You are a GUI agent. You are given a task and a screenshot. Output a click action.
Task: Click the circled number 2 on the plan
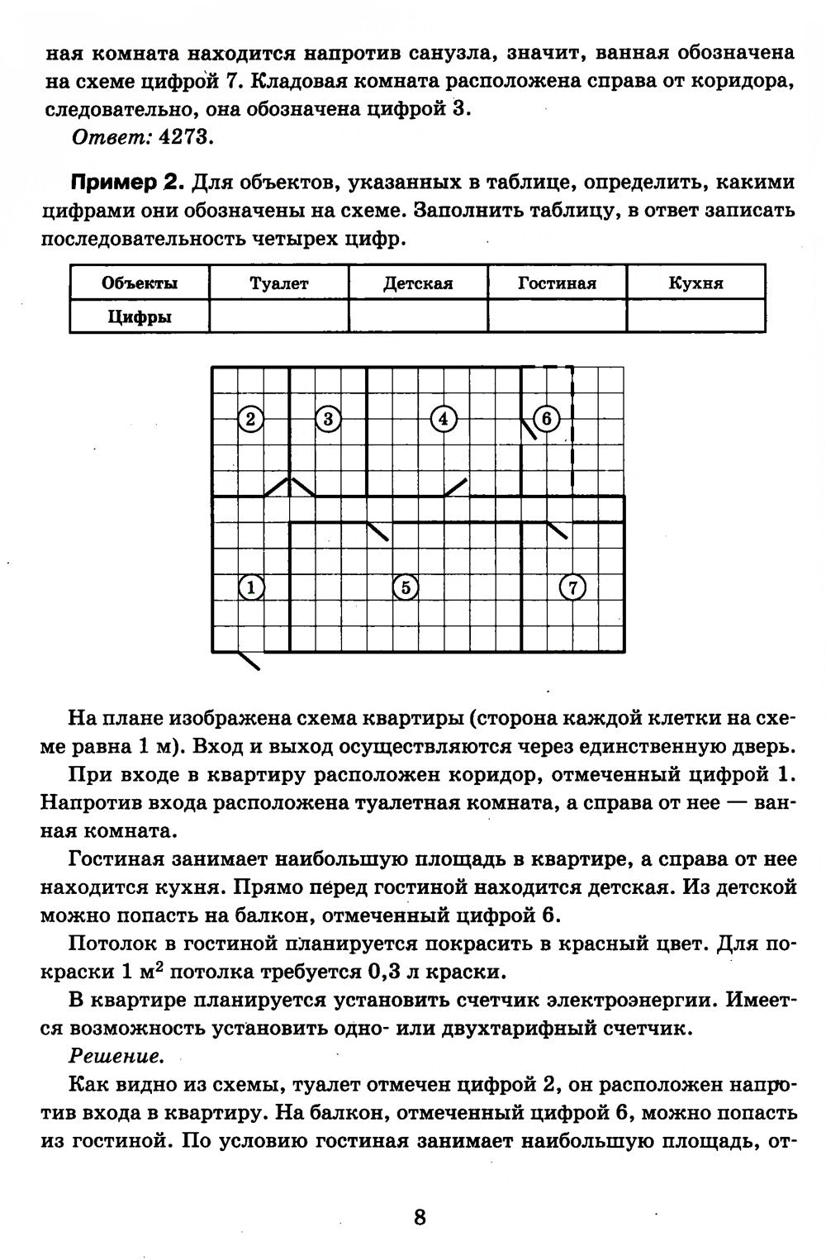[x=250, y=419]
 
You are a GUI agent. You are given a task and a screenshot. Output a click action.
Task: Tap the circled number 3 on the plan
[x=327, y=419]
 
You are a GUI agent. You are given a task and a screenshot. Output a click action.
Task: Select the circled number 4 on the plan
[x=444, y=419]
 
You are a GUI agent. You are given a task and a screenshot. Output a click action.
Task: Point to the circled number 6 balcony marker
[x=547, y=419]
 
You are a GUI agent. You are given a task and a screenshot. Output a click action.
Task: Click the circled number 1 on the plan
[x=250, y=587]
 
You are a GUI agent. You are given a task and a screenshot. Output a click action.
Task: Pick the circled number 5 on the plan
[x=405, y=587]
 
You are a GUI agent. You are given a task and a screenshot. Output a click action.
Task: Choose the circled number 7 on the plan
[x=572, y=587]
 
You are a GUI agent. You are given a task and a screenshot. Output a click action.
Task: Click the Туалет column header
[x=279, y=283]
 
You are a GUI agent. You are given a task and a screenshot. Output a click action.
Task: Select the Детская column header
[x=418, y=283]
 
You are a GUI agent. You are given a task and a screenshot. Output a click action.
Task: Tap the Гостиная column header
[x=557, y=283]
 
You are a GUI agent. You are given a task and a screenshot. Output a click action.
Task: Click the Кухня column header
[x=695, y=283]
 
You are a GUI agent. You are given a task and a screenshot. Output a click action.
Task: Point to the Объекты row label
[x=140, y=283]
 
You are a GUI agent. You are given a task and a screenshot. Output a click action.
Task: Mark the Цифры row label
[x=140, y=316]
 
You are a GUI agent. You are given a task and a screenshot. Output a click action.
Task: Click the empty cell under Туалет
[x=279, y=316]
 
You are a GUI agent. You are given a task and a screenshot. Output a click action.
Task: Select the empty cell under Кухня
[x=695, y=316]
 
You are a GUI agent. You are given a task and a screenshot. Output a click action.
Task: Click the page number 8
[x=419, y=1216]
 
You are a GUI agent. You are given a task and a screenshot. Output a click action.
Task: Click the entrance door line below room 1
[x=249, y=659]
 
